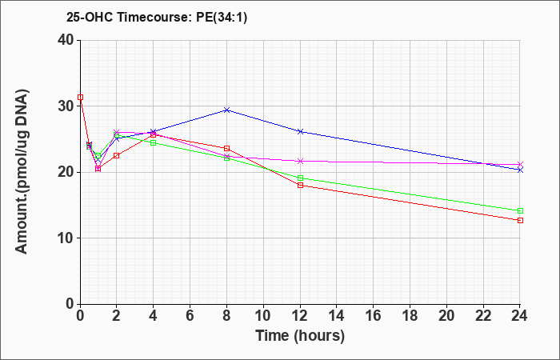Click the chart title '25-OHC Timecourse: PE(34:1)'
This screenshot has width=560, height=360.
pos(157,17)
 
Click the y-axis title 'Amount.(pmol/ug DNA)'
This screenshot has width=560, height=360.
pos(22,171)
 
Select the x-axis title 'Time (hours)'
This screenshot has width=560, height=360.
pos(300,336)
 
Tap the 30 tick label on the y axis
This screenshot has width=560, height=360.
pos(66,106)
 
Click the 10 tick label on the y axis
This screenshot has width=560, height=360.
pos(66,238)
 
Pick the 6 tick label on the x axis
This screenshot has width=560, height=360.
pos(190,316)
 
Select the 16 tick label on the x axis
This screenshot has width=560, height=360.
pos(374,316)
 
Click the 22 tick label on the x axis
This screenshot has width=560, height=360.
pos(483,316)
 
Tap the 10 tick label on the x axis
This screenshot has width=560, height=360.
pos(263,316)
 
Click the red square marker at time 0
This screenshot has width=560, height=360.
pos(80,97)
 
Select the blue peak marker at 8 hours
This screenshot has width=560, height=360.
pos(226,110)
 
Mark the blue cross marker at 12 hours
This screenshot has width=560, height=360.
pos(300,131)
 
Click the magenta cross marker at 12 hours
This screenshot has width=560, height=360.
pos(300,161)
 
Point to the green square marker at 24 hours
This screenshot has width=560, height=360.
pos(520,210)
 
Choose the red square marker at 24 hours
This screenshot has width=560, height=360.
pos(520,220)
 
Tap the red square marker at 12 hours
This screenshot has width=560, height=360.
pos(300,185)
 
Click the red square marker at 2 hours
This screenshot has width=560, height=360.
pos(117,155)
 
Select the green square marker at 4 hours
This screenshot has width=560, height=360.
pos(154,143)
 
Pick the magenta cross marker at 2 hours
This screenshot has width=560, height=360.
pos(117,132)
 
